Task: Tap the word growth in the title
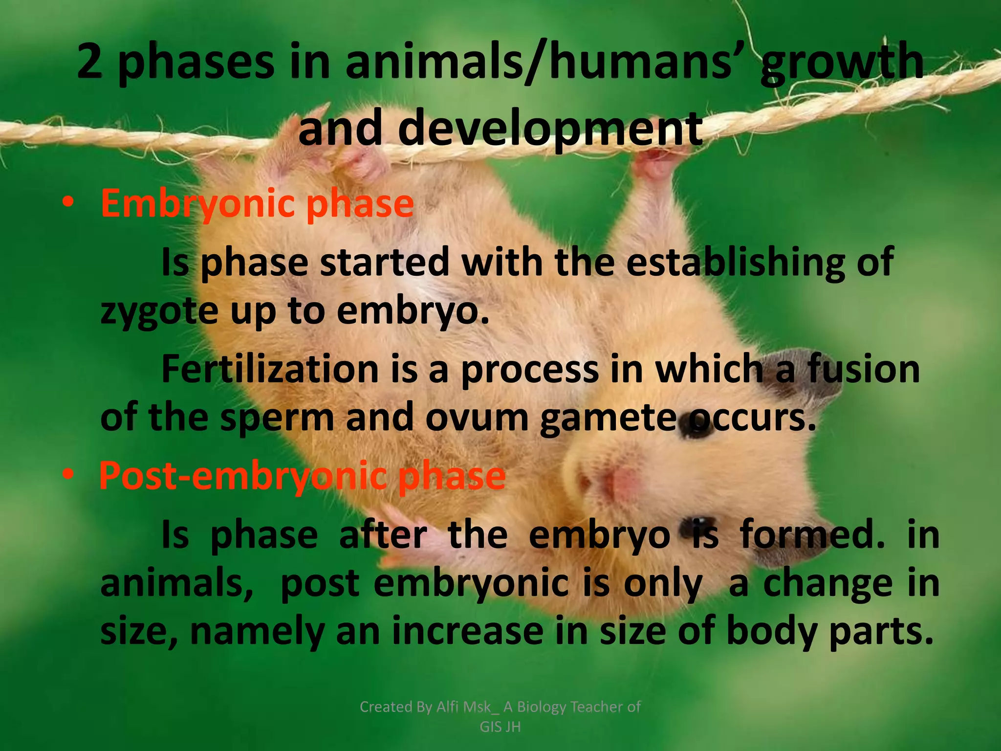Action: (842, 63)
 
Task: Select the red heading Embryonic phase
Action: (257, 204)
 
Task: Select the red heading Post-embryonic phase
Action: (302, 476)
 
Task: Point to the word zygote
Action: (159, 311)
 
